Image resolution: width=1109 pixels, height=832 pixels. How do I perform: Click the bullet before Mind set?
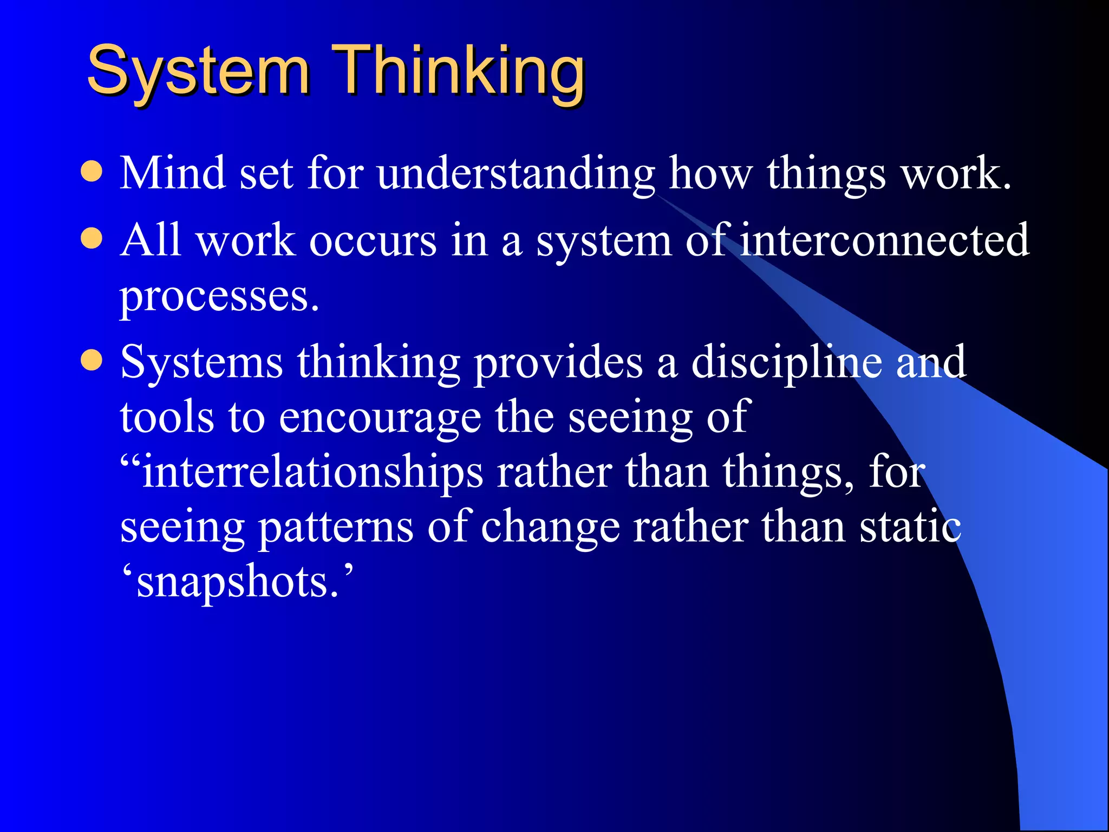click(x=92, y=172)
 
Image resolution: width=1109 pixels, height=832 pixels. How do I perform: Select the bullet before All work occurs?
click(x=92, y=238)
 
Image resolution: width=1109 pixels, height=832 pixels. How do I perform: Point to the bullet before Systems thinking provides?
click(x=92, y=360)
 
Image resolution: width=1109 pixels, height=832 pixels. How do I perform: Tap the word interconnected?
click(x=884, y=240)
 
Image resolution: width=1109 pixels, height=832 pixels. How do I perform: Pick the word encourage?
click(x=380, y=419)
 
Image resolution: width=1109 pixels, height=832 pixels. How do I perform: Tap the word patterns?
click(x=335, y=528)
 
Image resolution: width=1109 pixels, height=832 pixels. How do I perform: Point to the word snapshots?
click(x=237, y=584)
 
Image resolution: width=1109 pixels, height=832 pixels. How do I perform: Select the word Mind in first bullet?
click(x=173, y=173)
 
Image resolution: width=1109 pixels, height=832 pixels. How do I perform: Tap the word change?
click(x=550, y=528)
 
